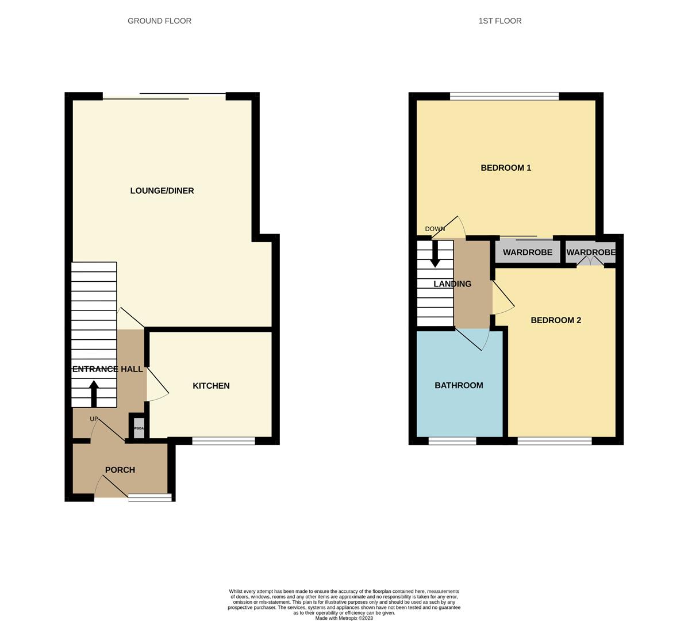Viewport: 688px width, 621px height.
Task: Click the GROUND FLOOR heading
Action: coord(159,21)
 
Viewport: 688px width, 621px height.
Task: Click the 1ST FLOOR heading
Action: coord(499,21)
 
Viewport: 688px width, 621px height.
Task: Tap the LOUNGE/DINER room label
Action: coord(162,191)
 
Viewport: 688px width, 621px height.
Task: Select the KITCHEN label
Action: coord(211,386)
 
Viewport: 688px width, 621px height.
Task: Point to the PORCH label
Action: coord(120,470)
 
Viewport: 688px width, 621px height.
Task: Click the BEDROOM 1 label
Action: coord(506,168)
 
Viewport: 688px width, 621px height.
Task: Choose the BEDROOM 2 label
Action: coord(556,320)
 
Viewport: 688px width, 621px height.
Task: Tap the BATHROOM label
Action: coord(459,385)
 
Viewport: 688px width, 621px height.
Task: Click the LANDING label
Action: coord(452,284)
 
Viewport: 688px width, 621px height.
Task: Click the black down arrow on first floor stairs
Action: coord(435,254)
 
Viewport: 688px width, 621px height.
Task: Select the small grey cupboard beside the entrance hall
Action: coord(139,428)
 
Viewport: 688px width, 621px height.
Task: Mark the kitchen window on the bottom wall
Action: coord(224,441)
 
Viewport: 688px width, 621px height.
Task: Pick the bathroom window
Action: coord(452,441)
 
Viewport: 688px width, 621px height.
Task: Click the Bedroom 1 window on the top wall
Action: coord(504,96)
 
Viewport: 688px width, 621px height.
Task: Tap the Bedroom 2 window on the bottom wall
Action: coord(554,441)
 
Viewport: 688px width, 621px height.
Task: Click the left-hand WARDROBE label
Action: coord(527,252)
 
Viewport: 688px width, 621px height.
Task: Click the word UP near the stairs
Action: coord(94,419)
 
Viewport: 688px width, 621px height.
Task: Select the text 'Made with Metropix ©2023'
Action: coord(344,618)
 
